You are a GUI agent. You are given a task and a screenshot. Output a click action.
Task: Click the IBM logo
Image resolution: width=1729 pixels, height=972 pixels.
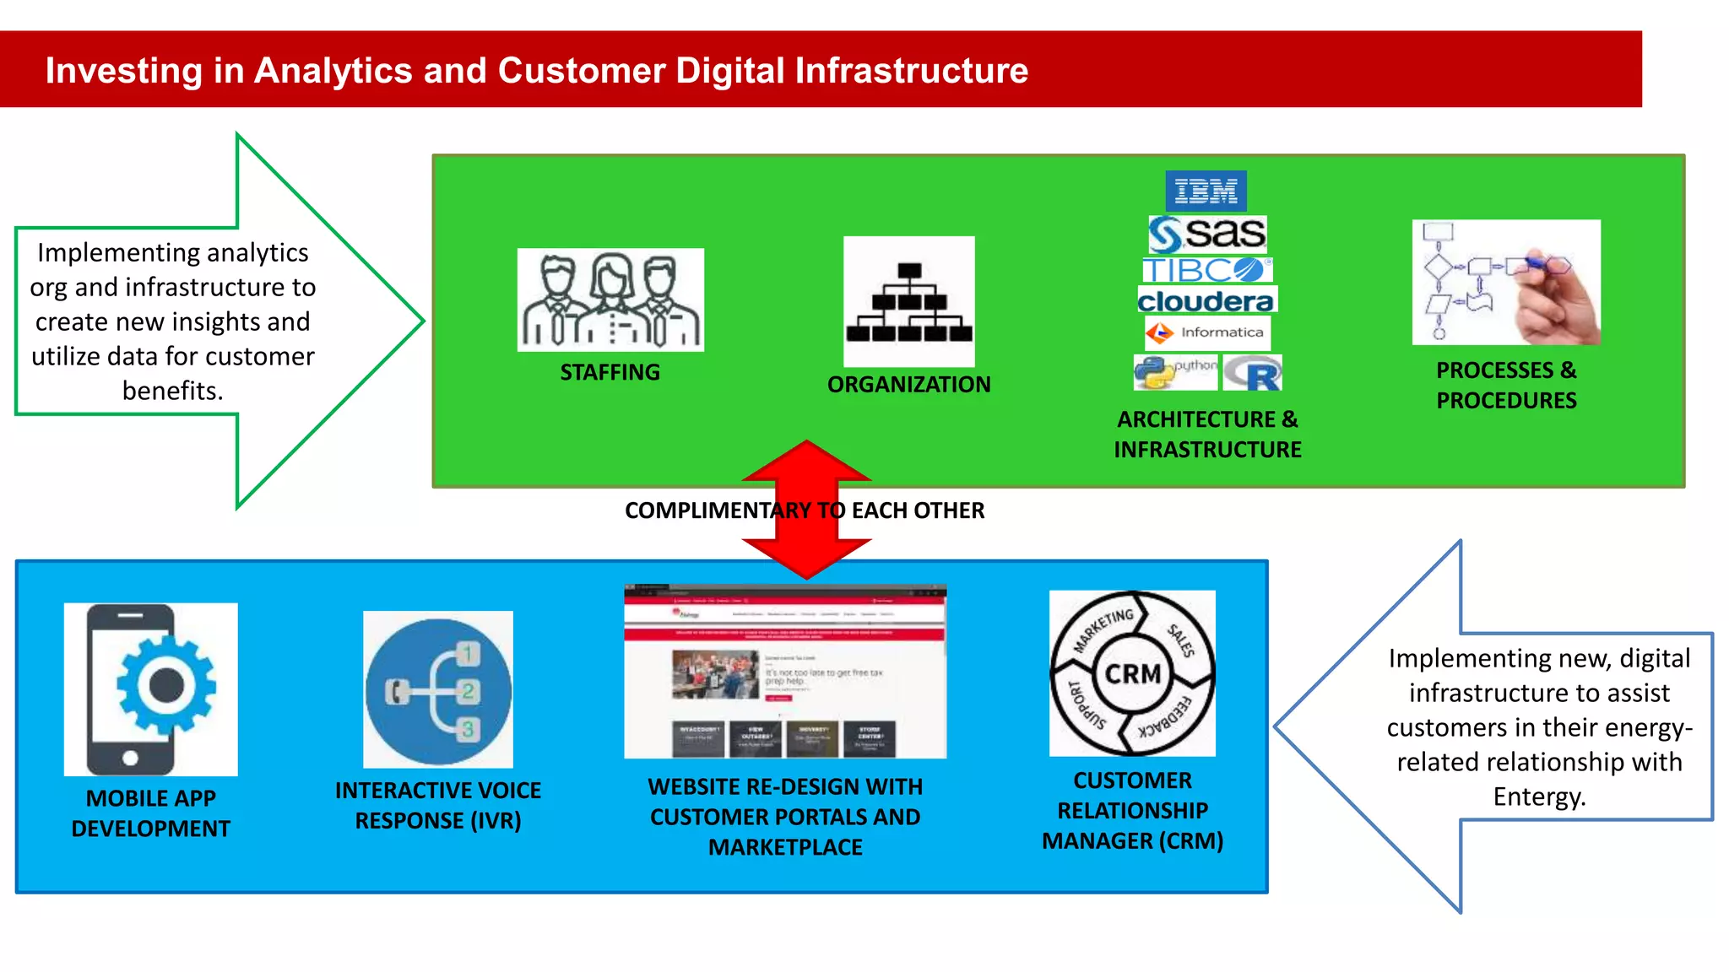point(1206,192)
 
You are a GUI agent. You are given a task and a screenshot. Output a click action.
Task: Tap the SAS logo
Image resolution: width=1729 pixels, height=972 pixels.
point(1207,234)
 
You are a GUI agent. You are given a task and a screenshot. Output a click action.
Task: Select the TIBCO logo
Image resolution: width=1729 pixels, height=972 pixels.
point(1206,270)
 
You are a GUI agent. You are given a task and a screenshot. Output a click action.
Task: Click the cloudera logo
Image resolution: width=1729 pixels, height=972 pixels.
point(1206,300)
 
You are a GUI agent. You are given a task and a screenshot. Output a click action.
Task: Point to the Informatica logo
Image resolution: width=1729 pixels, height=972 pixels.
point(1207,332)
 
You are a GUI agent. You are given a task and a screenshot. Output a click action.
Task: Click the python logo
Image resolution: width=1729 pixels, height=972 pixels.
point(1175,372)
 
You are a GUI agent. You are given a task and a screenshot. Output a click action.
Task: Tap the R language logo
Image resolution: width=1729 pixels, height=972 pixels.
point(1253,373)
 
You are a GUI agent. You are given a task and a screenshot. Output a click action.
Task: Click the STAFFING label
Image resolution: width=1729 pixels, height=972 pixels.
point(610,372)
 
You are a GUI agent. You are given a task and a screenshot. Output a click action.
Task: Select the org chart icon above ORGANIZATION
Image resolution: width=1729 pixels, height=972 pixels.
point(908,302)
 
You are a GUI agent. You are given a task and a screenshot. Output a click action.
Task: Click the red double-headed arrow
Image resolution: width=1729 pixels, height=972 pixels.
point(806,509)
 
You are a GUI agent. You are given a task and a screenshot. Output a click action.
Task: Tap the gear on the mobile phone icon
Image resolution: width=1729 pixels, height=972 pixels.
point(165,686)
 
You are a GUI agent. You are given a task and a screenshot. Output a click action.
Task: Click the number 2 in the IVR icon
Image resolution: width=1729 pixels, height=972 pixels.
point(469,691)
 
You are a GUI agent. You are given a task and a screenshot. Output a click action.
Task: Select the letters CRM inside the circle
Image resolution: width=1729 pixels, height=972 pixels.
point(1132,674)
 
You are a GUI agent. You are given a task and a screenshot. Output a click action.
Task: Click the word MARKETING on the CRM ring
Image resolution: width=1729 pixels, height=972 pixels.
point(1103,629)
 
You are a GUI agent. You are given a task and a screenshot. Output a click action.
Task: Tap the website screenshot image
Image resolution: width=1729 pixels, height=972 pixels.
point(784,672)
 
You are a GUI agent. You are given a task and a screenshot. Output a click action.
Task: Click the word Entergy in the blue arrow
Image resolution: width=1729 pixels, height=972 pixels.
point(1539,796)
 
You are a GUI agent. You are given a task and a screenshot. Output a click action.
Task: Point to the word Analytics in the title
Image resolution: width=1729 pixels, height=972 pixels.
point(333,71)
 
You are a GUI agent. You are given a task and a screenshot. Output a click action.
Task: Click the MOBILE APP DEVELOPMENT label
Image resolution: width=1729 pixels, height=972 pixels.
point(151,813)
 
